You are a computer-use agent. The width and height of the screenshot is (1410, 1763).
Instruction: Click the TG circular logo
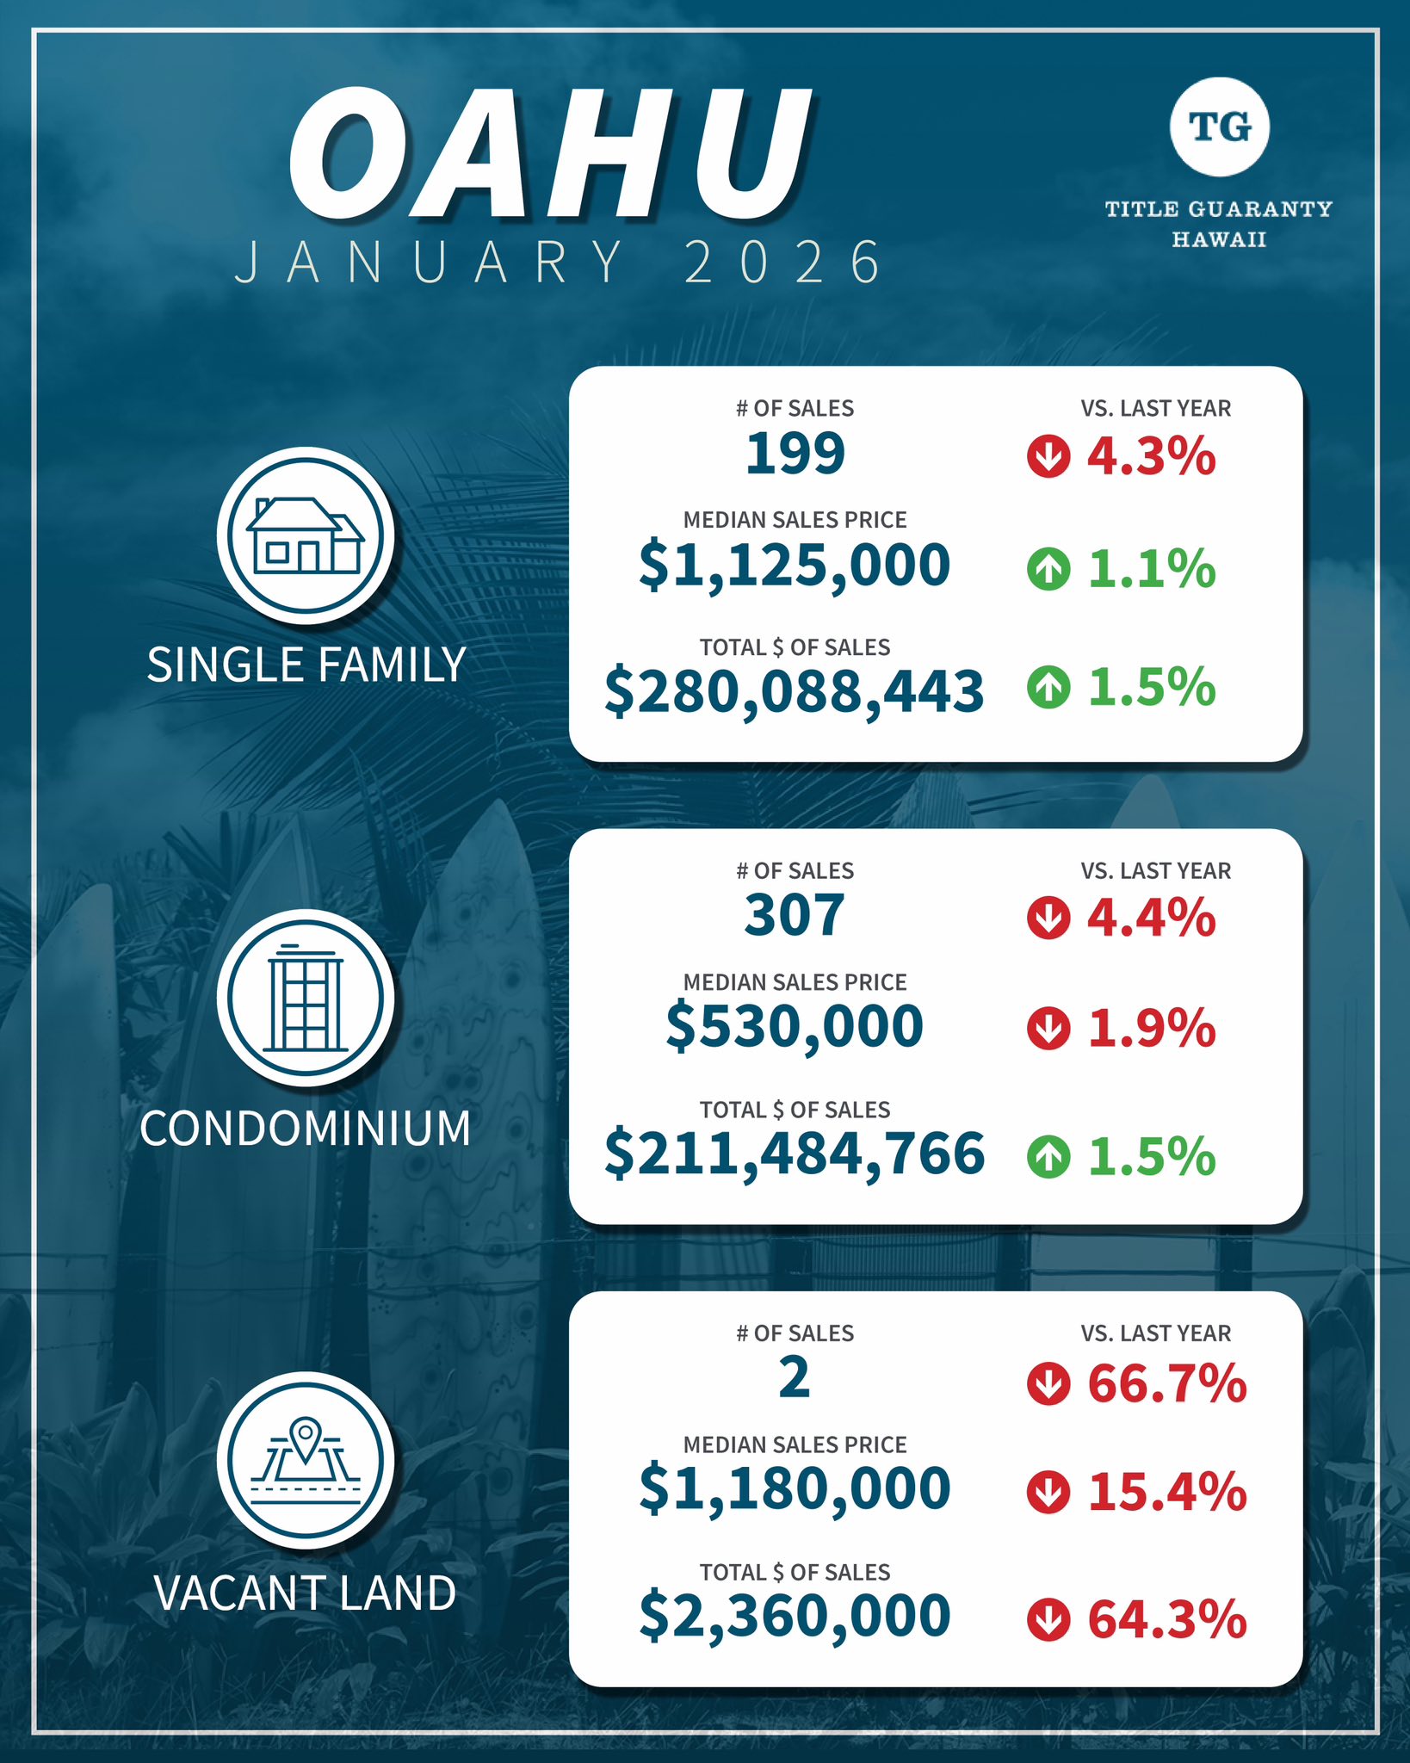coord(1219,127)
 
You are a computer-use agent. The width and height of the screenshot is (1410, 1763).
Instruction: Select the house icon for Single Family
coord(306,535)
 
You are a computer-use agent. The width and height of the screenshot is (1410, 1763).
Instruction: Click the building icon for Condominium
coord(306,998)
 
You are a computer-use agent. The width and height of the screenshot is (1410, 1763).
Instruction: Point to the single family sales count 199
coord(795,453)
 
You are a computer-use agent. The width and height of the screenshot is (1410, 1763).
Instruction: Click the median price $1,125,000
coord(795,566)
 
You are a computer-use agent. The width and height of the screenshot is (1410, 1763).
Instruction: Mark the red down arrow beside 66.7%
coord(1048,1383)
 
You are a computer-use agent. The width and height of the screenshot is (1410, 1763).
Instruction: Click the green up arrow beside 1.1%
coord(1048,569)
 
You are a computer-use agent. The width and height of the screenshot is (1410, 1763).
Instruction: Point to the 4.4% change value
coord(1152,918)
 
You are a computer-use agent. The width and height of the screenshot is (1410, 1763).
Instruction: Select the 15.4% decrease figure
coord(1167,1493)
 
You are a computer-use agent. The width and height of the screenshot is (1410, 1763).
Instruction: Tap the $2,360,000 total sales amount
coord(795,1616)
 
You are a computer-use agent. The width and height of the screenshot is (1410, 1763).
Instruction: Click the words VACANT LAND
coord(306,1593)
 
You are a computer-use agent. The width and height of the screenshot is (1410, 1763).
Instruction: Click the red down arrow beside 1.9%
coord(1048,1028)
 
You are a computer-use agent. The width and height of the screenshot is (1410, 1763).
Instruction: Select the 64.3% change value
coord(1167,1619)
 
